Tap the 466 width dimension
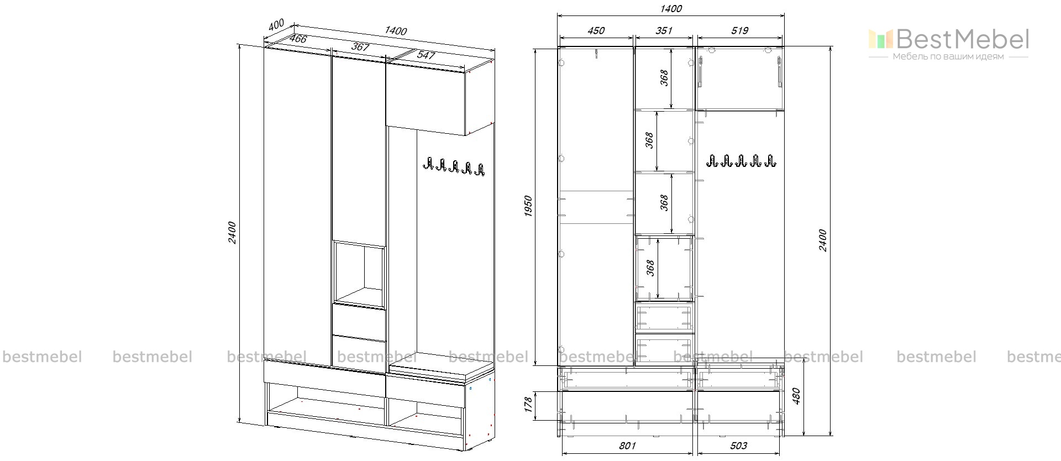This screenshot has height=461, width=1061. (298, 39)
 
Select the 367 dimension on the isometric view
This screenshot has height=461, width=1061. (360, 47)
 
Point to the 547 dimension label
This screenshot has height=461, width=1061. (426, 55)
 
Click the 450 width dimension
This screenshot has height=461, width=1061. (596, 31)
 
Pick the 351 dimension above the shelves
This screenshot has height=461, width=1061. (664, 31)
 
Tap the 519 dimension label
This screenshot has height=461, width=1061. (739, 31)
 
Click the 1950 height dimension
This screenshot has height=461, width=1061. (528, 206)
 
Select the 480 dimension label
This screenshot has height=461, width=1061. (796, 395)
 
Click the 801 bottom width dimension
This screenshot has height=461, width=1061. (627, 446)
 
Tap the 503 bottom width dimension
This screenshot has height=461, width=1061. (738, 446)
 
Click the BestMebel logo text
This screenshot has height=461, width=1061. (962, 39)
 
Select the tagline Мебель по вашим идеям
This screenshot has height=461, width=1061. (948, 57)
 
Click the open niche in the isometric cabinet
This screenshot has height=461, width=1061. (359, 273)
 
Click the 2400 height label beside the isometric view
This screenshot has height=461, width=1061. (232, 232)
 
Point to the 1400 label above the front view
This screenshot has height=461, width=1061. (670, 9)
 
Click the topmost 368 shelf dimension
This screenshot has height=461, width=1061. (665, 77)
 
